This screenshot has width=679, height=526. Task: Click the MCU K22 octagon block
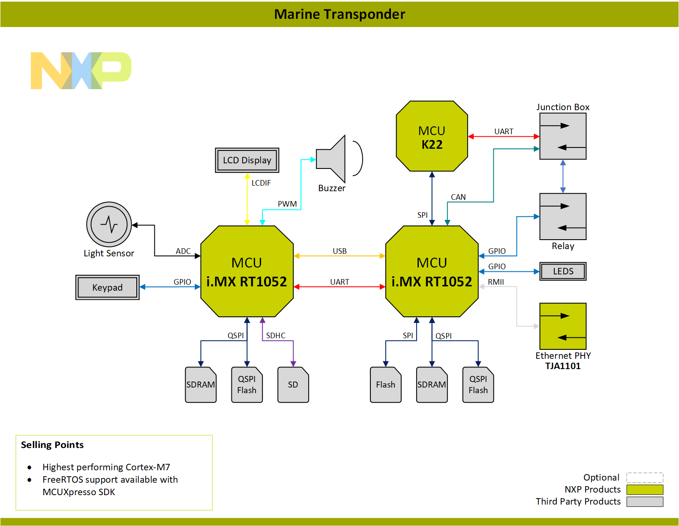click(x=432, y=136)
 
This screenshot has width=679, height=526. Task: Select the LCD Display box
click(x=247, y=160)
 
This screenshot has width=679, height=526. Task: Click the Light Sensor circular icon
click(x=109, y=224)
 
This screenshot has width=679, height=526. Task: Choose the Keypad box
click(x=107, y=287)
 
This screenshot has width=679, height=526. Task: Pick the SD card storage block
click(x=293, y=385)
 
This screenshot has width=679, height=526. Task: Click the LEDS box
click(x=562, y=271)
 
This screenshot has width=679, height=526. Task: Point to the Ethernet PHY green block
click(x=562, y=326)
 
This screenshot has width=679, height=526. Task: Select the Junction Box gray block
click(x=562, y=136)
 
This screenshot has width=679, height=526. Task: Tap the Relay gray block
click(x=562, y=216)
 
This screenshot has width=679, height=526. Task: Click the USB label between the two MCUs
click(x=339, y=251)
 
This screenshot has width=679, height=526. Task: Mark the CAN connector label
click(x=458, y=197)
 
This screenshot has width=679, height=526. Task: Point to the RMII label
click(x=496, y=282)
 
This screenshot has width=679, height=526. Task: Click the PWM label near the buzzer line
click(x=287, y=204)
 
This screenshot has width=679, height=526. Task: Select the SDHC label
click(x=275, y=335)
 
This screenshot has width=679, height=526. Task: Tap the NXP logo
click(x=81, y=71)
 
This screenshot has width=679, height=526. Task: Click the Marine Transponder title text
click(x=339, y=14)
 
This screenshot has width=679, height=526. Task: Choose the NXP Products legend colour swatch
click(x=644, y=490)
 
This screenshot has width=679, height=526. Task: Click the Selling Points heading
click(x=52, y=445)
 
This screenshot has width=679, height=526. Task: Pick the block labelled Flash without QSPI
click(x=385, y=385)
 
